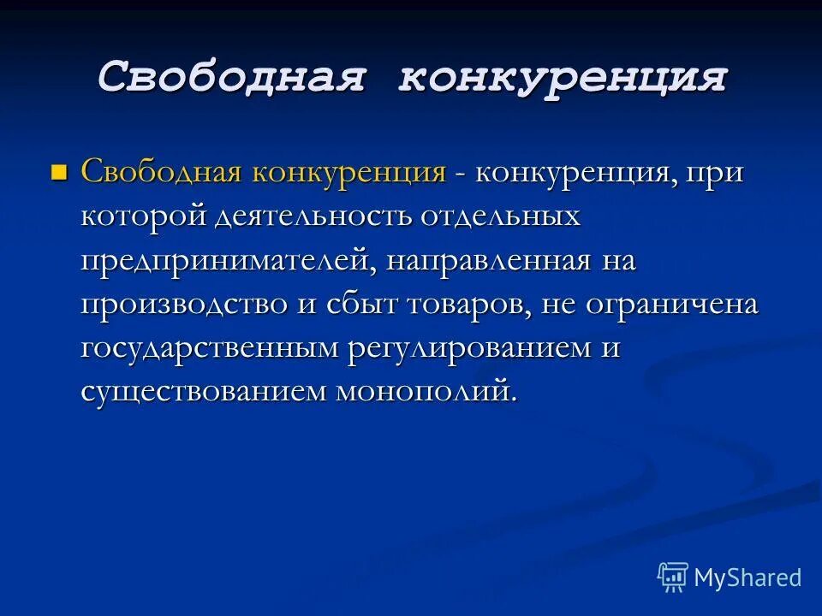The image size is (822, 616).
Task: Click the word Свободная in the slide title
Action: (x=233, y=78)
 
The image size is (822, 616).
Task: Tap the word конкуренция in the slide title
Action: (x=562, y=78)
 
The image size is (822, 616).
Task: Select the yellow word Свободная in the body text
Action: (x=162, y=172)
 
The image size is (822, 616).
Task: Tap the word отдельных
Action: (x=500, y=216)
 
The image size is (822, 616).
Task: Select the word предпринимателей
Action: (x=225, y=262)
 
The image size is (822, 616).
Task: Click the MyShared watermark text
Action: (x=747, y=577)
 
